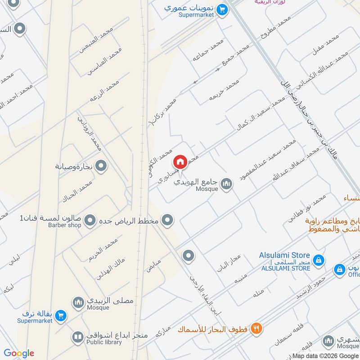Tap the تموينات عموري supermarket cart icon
(221, 9)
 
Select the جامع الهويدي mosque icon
(226, 183)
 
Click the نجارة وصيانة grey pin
(102, 166)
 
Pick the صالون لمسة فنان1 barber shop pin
(90, 220)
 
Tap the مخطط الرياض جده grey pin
(168, 220)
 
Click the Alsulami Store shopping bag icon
(318, 260)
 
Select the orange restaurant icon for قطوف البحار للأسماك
(256, 328)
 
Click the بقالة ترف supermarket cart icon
(61, 316)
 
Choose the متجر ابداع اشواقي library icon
(78, 337)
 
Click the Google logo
(19, 353)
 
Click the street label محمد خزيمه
(224, 90)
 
